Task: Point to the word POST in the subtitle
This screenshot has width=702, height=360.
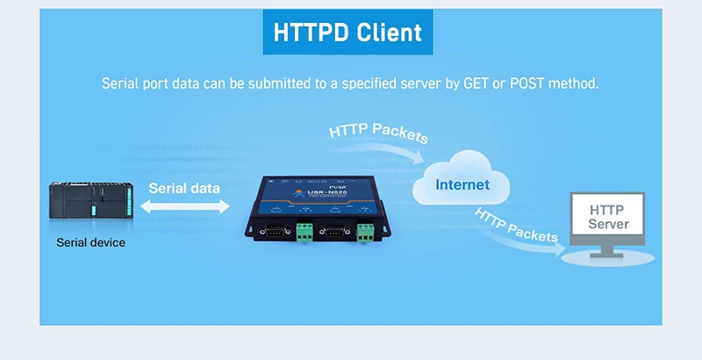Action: [526, 84]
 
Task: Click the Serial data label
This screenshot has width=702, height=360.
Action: [184, 188]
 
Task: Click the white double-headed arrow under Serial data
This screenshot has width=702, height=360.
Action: [185, 205]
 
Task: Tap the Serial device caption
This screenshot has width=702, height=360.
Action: [90, 242]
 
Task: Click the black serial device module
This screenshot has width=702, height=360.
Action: [91, 205]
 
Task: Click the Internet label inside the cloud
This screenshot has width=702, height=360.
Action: [462, 184]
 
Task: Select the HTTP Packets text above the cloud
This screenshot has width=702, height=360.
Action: [378, 133]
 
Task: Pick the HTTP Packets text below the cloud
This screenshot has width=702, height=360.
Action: [516, 227]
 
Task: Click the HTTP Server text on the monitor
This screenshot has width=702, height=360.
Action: [608, 217]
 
